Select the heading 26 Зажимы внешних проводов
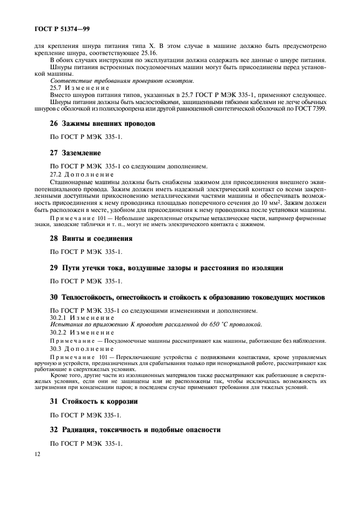point(103,124)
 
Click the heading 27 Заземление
point(75,153)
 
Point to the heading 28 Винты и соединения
point(91,238)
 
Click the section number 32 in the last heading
point(54,430)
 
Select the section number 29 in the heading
point(54,268)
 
